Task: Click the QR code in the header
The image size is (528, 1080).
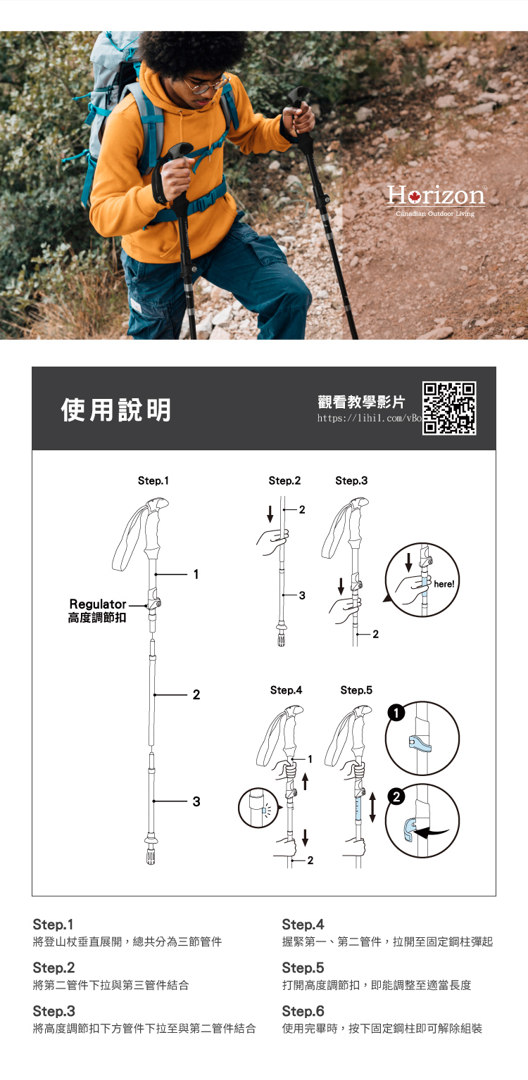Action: tap(449, 408)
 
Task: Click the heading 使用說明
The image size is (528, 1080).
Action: tap(116, 409)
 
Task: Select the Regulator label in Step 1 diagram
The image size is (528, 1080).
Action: tap(97, 604)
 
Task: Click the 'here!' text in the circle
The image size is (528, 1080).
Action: tap(444, 584)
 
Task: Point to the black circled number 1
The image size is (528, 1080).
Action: tap(396, 713)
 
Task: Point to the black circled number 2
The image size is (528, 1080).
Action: tap(396, 796)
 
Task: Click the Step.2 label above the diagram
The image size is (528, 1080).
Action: tap(284, 481)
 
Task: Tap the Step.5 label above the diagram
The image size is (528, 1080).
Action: tap(356, 690)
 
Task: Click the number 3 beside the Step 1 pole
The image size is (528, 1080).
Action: tap(196, 801)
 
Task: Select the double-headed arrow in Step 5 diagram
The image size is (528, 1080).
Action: tap(372, 807)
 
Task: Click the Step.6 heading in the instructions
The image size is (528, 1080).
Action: tap(303, 1011)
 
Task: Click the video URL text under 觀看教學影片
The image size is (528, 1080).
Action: tap(369, 418)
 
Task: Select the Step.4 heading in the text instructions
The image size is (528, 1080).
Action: tap(303, 925)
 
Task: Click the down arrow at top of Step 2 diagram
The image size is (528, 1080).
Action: tap(270, 514)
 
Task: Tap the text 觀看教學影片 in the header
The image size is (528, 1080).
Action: tap(361, 402)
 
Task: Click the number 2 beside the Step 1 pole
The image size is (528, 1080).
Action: tap(196, 694)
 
